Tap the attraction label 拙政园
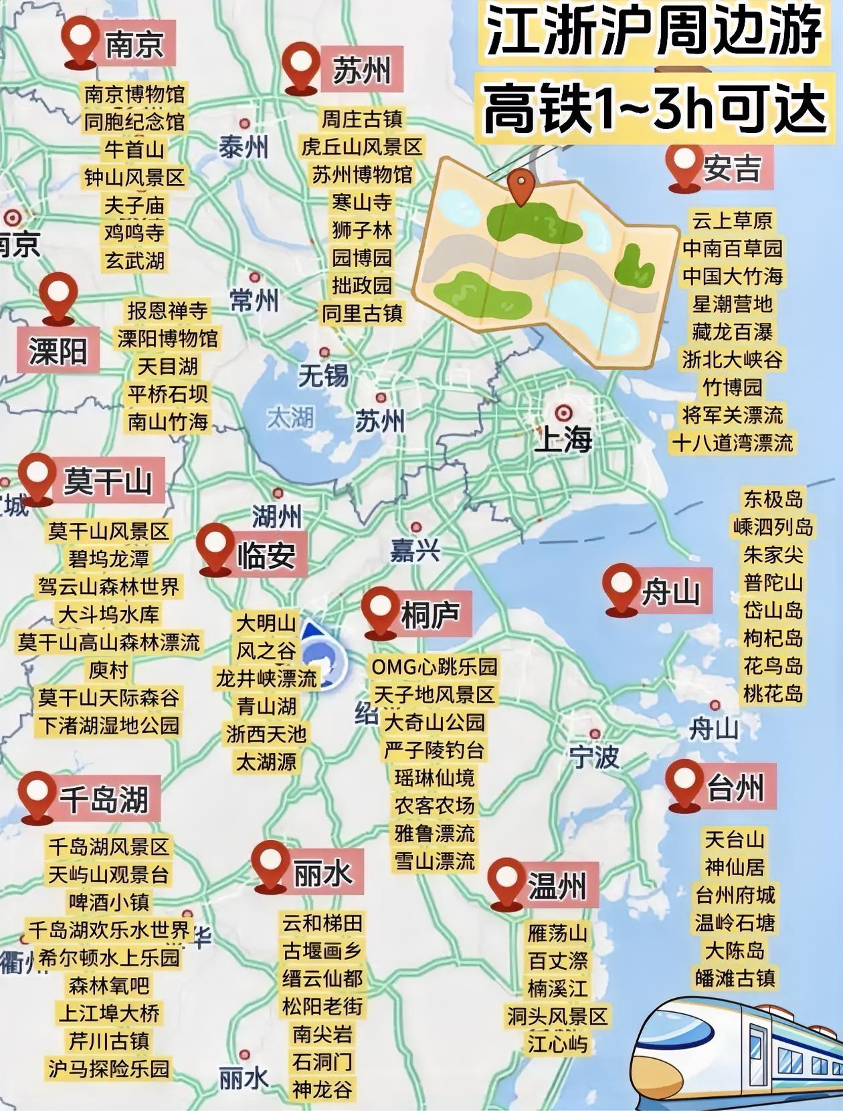362,286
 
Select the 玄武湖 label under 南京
134,261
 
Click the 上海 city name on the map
563,439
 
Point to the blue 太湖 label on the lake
290,418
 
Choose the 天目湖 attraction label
167,366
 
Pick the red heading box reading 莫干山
108,480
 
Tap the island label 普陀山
773,583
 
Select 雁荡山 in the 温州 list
557,933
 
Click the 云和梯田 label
322,923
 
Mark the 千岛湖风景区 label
108,847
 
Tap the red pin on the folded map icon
521,185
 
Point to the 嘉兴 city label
415,550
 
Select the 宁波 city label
594,756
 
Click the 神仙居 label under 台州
734,868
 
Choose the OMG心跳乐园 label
435,667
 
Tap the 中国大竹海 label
733,276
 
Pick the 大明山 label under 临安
266,623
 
